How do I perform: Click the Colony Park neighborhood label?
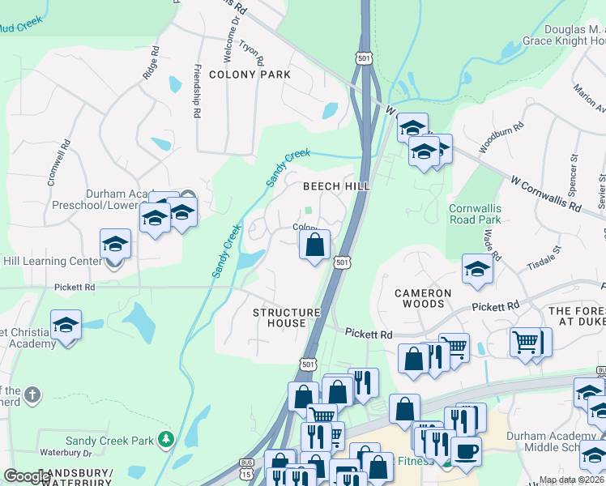pyautogui.click(x=250, y=75)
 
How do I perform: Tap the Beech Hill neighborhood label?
pyautogui.click(x=336, y=186)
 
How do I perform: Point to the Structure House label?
pyautogui.click(x=280, y=318)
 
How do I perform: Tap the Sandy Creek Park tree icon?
pyautogui.click(x=167, y=440)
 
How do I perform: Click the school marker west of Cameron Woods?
pyautogui.click(x=477, y=269)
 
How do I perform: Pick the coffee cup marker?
pyautogui.click(x=465, y=450)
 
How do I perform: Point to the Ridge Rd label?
pyautogui.click(x=149, y=65)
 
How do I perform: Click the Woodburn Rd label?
pyautogui.click(x=497, y=136)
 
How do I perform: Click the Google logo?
pyautogui.click(x=26, y=476)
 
